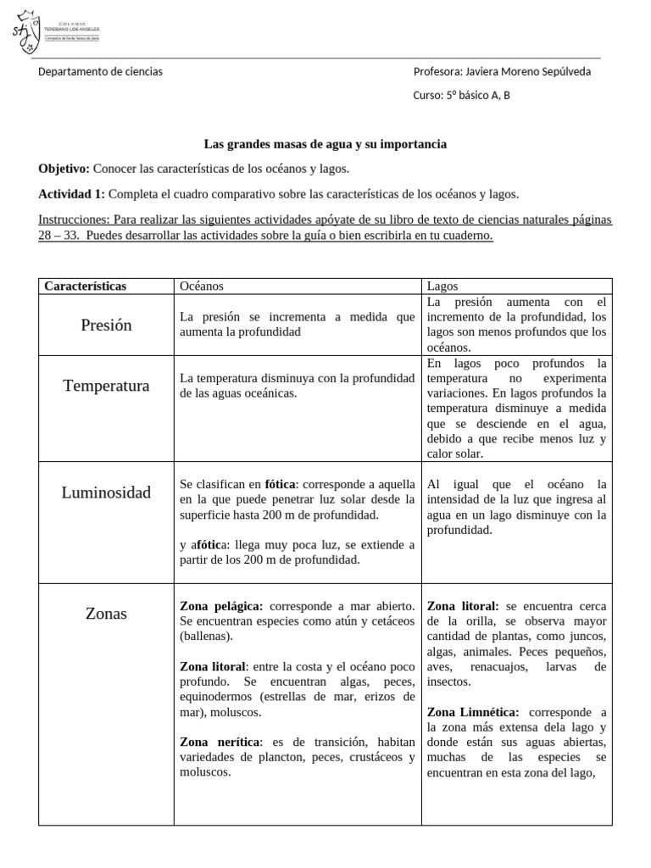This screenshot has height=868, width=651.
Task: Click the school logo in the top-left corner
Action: (x=27, y=32)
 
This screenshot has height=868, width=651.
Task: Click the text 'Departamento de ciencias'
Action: (x=100, y=72)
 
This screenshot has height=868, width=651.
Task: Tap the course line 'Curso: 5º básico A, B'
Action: (x=461, y=95)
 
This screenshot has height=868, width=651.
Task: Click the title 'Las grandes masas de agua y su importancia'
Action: (x=325, y=145)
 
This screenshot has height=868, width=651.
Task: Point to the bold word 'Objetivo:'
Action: (x=64, y=169)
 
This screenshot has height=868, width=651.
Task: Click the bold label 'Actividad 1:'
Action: (x=72, y=194)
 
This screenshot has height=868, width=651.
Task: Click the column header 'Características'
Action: (x=85, y=287)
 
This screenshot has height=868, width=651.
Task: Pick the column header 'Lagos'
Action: (x=442, y=287)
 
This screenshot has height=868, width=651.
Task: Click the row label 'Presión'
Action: (x=106, y=325)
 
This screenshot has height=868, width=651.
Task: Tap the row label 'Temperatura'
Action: (x=106, y=386)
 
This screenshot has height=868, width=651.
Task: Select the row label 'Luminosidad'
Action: (x=106, y=492)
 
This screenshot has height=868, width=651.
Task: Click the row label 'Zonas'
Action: (x=106, y=614)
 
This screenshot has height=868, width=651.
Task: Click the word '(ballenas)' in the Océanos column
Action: (x=205, y=637)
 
